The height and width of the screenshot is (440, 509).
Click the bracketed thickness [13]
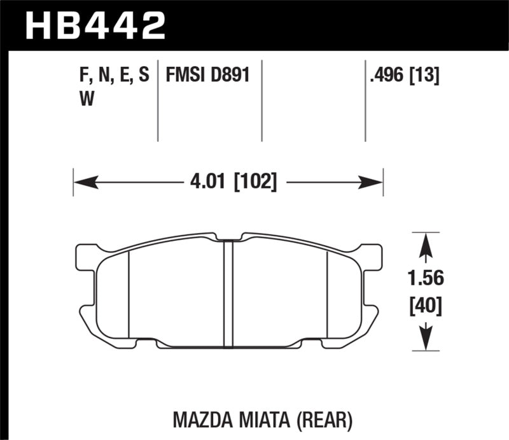(x=426, y=76)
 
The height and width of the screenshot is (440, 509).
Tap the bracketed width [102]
(x=254, y=183)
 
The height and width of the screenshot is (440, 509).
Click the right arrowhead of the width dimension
(x=372, y=183)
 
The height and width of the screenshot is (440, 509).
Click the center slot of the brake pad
(x=228, y=290)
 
